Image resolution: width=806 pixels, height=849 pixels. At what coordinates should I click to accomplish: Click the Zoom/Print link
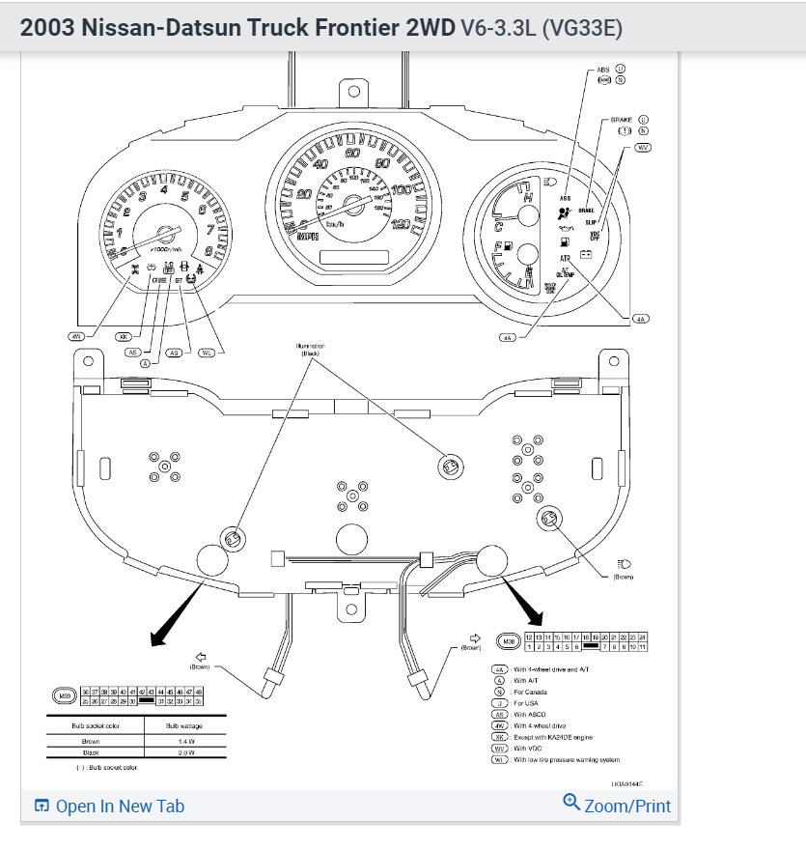(618, 805)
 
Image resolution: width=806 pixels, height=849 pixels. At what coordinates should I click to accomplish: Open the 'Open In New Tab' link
(109, 807)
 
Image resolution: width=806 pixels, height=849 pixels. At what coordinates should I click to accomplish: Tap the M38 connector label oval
(508, 640)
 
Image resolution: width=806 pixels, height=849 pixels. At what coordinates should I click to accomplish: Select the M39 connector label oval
(65, 695)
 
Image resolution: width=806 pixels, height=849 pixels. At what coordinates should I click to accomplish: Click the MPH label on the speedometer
(309, 236)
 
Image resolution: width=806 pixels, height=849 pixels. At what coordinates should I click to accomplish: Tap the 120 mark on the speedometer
(401, 224)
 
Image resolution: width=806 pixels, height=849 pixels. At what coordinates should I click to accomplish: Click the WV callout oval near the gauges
(643, 148)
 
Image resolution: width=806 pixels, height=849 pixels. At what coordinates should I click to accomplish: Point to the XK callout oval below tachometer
(123, 337)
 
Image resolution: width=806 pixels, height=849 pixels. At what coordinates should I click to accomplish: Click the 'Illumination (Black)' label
(311, 349)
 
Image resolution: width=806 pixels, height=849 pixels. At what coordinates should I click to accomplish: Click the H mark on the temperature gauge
(529, 198)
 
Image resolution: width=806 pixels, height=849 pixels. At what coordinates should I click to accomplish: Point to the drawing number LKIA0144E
(626, 784)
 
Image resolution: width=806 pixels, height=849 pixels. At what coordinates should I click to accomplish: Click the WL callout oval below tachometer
(206, 354)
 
